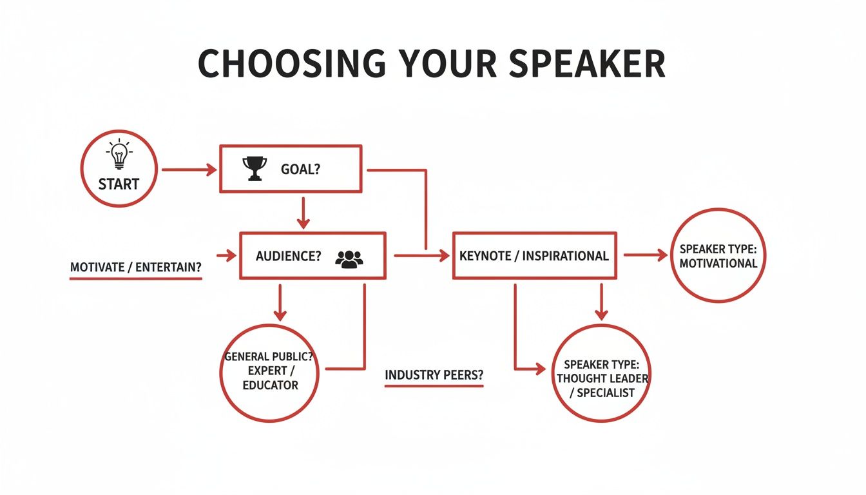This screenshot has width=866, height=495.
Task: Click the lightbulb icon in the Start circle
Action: (x=119, y=155)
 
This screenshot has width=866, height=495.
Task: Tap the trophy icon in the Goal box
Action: (x=255, y=169)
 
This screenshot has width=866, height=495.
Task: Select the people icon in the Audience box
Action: (x=349, y=258)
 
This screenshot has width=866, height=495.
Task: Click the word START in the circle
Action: (x=119, y=184)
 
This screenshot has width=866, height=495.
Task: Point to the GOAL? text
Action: (x=300, y=170)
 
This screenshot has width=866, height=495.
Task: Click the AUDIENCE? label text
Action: (x=288, y=256)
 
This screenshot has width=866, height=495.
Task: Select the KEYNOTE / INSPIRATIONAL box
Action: (x=534, y=255)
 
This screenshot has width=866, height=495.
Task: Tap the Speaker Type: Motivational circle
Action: (x=718, y=255)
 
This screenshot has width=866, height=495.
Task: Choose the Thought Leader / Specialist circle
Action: (x=602, y=373)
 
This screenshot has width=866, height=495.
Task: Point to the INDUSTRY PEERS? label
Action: (x=434, y=375)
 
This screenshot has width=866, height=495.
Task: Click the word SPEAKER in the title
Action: (x=571, y=63)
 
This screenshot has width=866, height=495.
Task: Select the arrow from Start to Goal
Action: (x=189, y=170)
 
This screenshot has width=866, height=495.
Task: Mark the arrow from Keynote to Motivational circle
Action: (x=645, y=255)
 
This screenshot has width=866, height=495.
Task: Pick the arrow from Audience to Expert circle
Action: (x=279, y=302)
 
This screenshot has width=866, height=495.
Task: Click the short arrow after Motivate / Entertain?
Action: (x=227, y=256)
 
